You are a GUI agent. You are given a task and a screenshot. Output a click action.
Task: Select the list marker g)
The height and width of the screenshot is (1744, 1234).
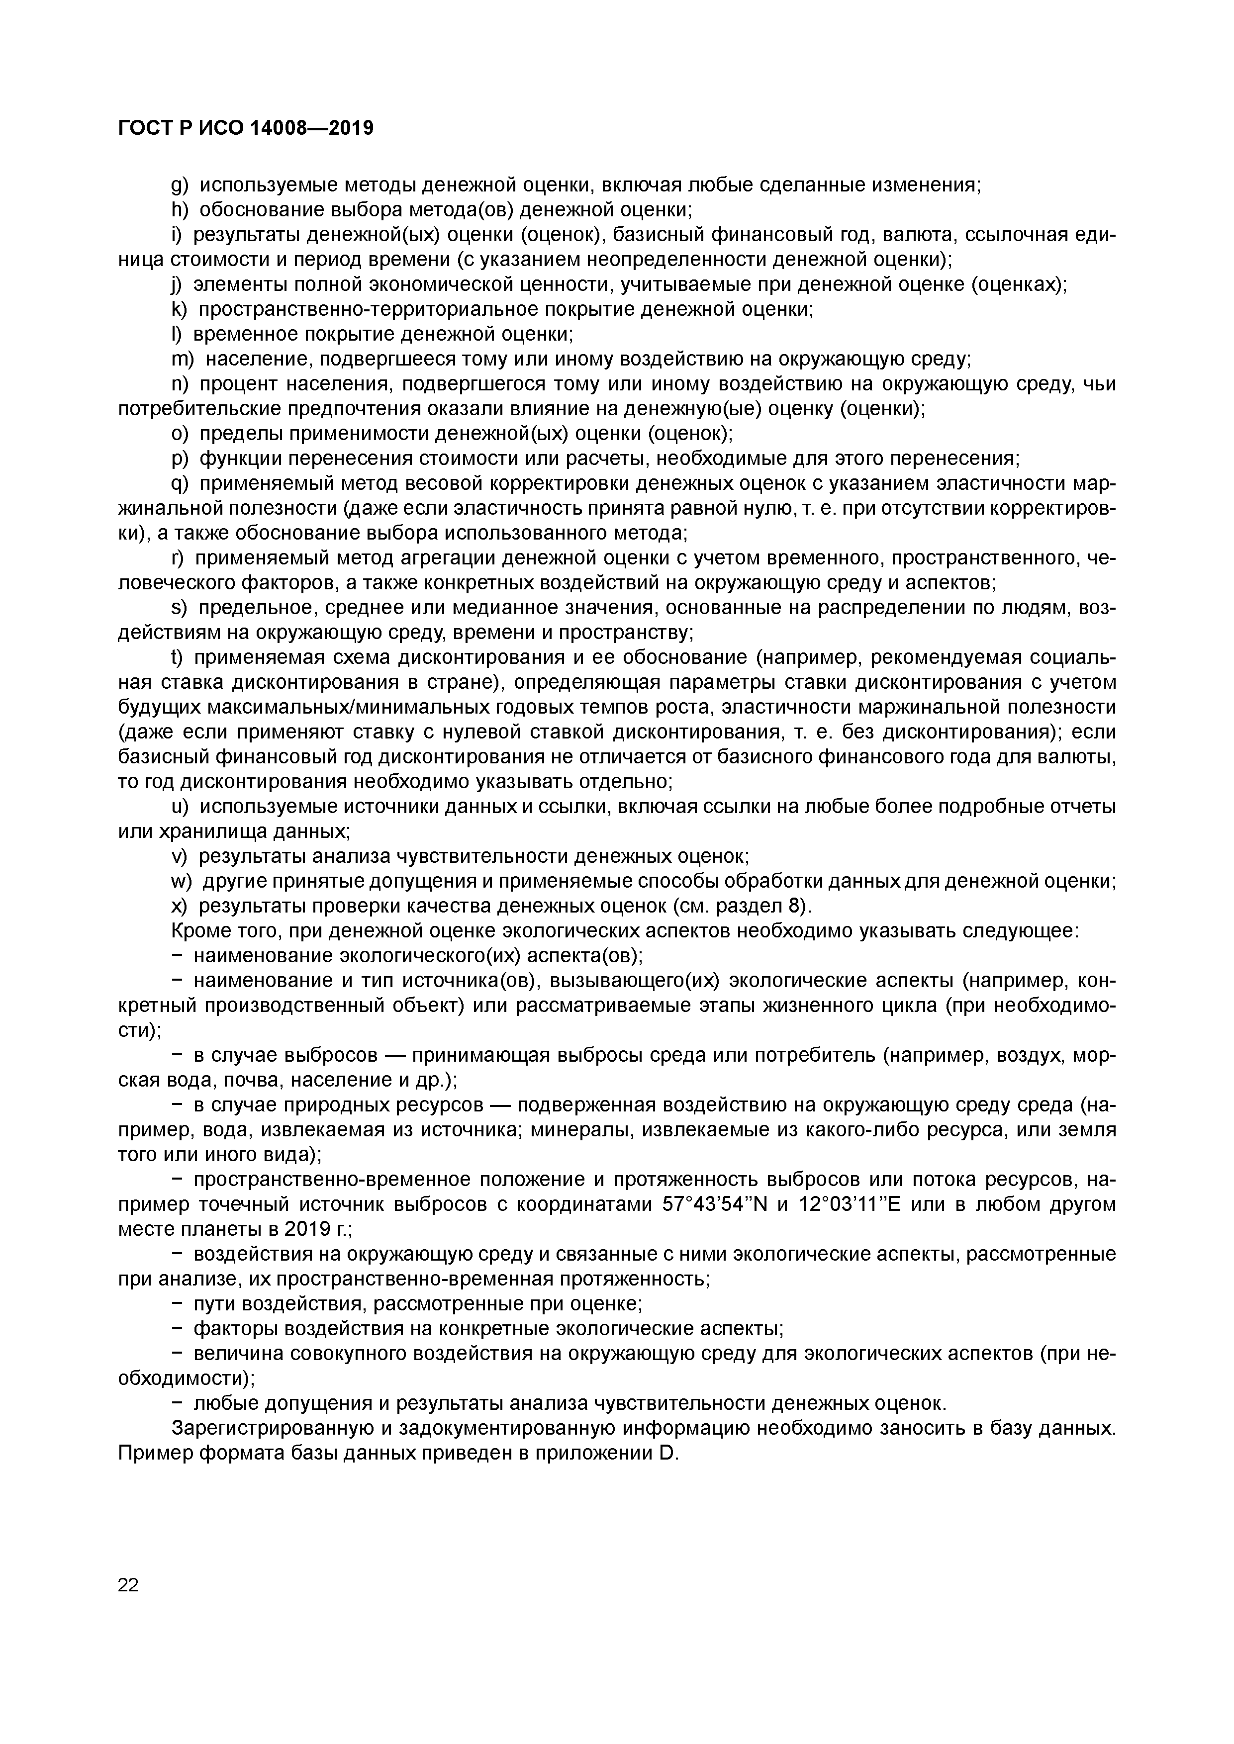click(x=180, y=185)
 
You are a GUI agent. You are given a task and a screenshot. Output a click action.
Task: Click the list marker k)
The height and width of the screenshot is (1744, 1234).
click(x=180, y=310)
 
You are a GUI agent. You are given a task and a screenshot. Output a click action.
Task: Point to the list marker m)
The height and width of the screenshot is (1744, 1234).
click(x=183, y=359)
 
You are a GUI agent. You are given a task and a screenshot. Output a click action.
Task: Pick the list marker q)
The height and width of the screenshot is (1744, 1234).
click(x=180, y=484)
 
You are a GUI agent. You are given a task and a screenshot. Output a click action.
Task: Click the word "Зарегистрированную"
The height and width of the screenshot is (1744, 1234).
click(x=273, y=1430)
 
